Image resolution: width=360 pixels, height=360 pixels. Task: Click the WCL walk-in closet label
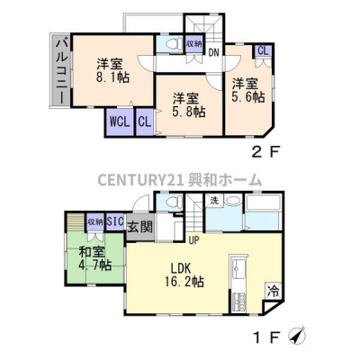120,122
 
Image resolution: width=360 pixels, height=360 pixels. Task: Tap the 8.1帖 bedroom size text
112,78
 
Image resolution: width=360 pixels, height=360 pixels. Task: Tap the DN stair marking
213,53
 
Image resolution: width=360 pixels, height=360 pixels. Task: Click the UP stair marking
194,239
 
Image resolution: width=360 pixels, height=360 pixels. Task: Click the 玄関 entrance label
140,227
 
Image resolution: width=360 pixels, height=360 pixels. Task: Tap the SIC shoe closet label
115,221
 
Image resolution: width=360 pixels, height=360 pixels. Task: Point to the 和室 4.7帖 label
95,259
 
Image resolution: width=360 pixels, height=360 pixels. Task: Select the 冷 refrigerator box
273,291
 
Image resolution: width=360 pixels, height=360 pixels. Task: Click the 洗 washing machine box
214,201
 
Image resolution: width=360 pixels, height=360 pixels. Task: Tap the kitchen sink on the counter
239,268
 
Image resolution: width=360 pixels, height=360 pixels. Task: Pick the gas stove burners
238,301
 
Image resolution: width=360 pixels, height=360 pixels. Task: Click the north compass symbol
297,336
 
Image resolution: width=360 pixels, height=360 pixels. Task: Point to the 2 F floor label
265,153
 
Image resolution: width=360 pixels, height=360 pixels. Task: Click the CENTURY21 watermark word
140,180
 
